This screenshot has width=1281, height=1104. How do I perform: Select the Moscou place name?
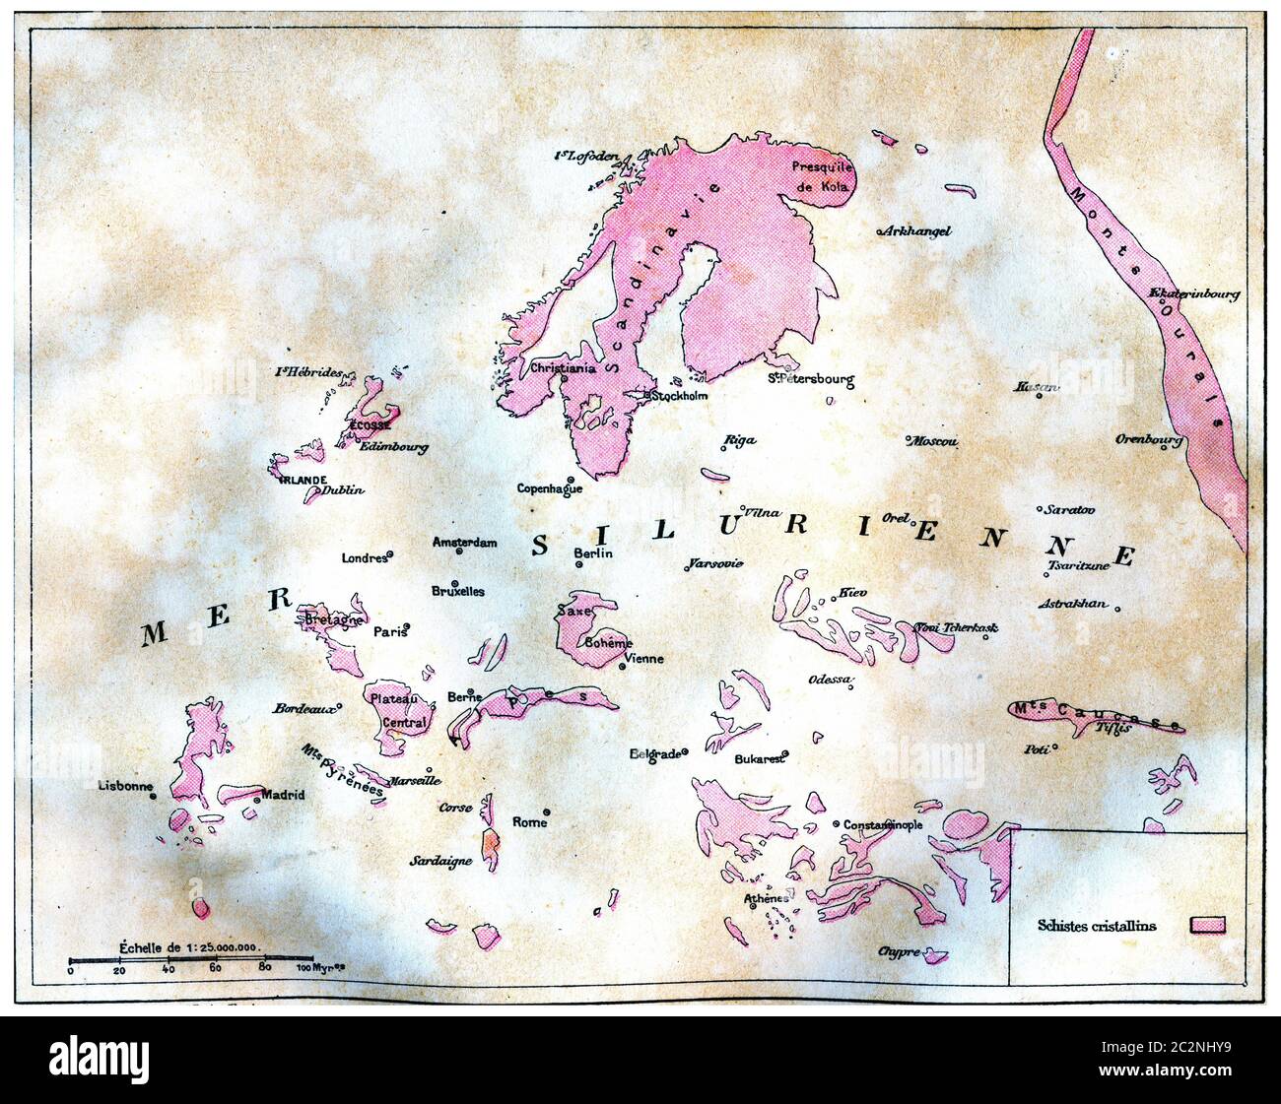click(x=932, y=441)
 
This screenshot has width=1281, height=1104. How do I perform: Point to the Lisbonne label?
click(x=125, y=786)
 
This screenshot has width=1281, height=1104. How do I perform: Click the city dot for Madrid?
click(x=256, y=801)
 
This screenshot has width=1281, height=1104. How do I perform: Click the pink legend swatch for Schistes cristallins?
click(x=1207, y=925)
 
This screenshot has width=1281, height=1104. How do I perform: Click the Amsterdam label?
click(x=464, y=542)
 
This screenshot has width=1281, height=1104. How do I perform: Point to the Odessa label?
click(x=829, y=680)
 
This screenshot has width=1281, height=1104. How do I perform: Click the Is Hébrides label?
click(x=308, y=372)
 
